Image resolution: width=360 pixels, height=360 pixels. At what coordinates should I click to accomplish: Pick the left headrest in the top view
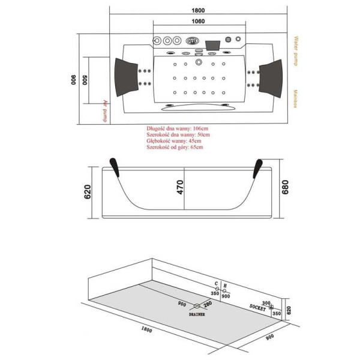tap(128, 74)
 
